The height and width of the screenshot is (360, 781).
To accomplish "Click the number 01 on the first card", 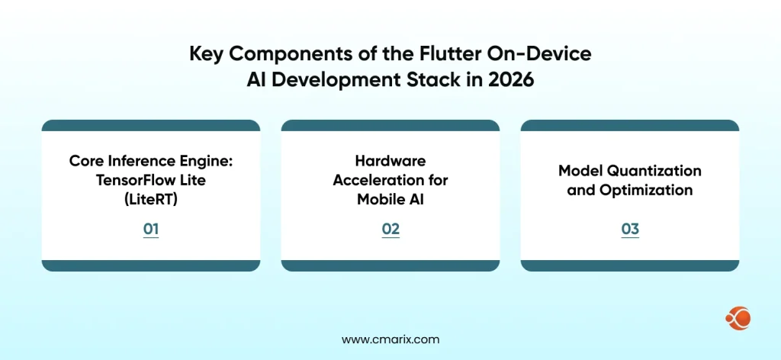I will coord(150,228).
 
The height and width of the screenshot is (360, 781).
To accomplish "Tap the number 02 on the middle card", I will coord(390,228).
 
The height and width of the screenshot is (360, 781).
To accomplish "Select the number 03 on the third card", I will coord(629,228).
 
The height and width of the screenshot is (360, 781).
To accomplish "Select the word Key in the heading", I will coord(205,56).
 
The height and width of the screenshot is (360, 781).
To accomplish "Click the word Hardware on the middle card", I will coord(390,160).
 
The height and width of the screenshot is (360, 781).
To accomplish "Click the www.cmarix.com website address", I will coord(390,339).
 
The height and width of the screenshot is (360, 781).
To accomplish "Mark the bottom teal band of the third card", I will coord(629,265).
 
